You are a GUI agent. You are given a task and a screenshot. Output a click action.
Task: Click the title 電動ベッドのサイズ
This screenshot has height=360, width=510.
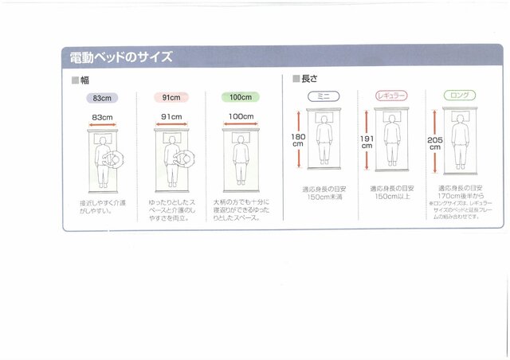(x=121, y=58)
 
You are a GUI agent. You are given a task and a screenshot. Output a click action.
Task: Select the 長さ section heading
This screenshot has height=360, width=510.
(x=307, y=79)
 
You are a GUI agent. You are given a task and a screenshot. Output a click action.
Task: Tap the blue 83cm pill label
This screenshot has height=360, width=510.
(x=102, y=98)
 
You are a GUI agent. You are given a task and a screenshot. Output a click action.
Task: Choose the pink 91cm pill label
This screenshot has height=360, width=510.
(x=171, y=98)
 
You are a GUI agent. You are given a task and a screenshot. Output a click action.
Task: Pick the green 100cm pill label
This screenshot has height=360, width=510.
(x=241, y=97)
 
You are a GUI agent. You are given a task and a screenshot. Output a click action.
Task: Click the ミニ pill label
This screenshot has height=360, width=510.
(x=324, y=96)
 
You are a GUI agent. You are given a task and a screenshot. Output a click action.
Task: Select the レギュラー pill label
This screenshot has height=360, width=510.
(x=391, y=96)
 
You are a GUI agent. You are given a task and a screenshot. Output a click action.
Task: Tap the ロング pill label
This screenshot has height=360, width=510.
(x=460, y=96)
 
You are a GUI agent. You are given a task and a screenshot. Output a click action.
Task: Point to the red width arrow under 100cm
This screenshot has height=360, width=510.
(x=241, y=125)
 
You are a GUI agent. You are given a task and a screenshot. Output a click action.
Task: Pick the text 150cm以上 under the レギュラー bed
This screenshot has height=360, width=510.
(x=391, y=197)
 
